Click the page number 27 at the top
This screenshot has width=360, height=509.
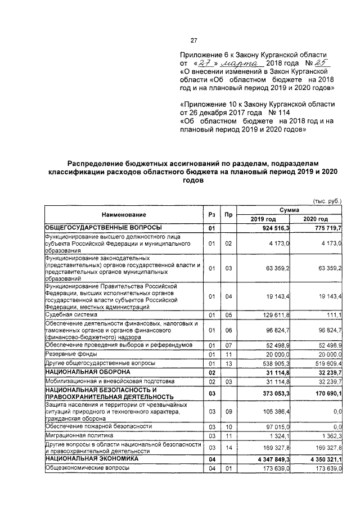click(x=193, y=40)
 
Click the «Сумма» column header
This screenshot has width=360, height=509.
click(x=290, y=209)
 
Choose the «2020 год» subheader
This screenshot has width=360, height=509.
click(x=316, y=219)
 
